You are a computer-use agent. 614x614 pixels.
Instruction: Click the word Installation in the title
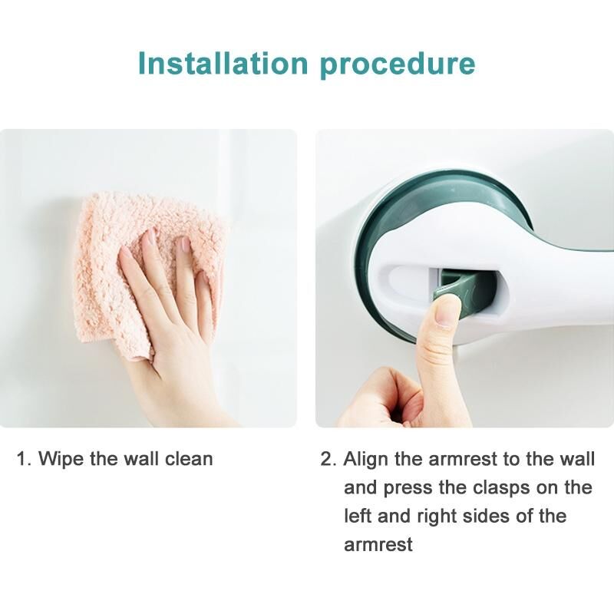(x=223, y=64)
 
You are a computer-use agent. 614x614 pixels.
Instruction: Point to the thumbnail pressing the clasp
(x=447, y=312)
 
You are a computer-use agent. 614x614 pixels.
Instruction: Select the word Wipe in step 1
(x=61, y=458)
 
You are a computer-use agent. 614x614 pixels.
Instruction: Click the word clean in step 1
(x=189, y=458)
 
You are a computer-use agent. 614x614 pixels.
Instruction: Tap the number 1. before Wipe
(x=24, y=459)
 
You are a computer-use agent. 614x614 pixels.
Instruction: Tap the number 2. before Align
(x=328, y=459)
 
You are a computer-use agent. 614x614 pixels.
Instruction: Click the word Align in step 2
(x=366, y=459)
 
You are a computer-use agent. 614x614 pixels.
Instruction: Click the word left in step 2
(x=357, y=516)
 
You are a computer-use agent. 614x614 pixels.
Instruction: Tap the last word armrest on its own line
(x=378, y=545)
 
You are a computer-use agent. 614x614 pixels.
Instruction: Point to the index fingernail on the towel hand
(x=150, y=236)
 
